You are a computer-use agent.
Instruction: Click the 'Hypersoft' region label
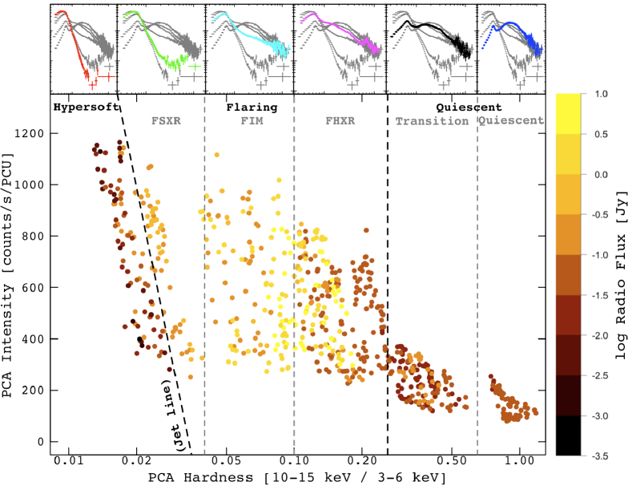(x=80, y=106)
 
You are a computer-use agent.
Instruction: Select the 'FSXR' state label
(x=166, y=121)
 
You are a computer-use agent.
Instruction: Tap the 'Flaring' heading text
(x=252, y=106)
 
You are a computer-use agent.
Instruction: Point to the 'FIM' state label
(x=251, y=121)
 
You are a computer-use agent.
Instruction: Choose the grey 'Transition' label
(x=432, y=121)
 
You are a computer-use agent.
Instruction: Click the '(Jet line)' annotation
(x=172, y=412)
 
